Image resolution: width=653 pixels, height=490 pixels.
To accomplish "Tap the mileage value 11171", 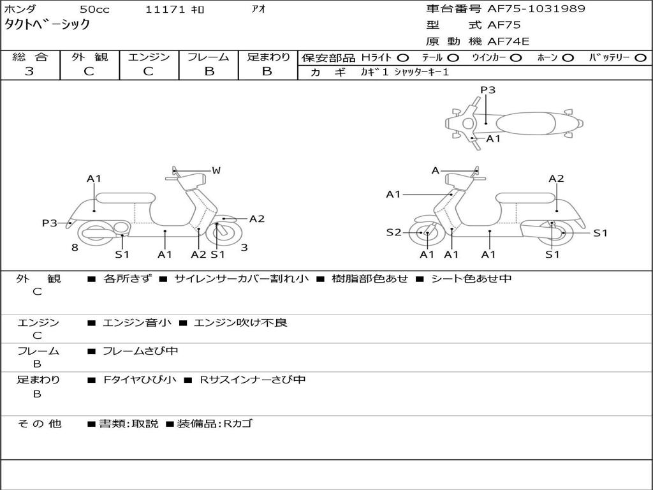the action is pos(165,10).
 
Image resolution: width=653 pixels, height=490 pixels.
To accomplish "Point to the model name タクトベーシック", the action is pos(47,25).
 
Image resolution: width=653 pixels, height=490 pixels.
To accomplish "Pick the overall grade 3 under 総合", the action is pos(29,71).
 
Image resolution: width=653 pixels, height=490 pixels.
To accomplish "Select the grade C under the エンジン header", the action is pos(148,71).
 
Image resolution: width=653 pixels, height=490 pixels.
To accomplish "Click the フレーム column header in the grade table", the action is pos(208,57).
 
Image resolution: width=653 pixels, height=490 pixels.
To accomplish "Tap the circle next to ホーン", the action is pos(568,58).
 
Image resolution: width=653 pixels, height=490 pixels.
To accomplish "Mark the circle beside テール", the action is pos(455,58).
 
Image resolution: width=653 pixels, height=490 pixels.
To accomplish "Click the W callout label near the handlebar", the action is pos(216,170).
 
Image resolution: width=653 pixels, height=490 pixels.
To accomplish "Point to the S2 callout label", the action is pos(393,232).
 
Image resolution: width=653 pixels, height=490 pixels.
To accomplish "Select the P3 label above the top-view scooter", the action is pos(488,90).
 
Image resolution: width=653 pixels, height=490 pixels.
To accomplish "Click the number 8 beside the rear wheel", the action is pos(75,248).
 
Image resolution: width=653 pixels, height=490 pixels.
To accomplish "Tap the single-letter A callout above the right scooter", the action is pos(436,170).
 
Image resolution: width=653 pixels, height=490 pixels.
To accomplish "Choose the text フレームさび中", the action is pos(140,351).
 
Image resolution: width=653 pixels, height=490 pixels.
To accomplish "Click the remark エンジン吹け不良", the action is pos(240,323).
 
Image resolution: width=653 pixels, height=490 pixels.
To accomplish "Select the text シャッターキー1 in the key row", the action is pos(422,72).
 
